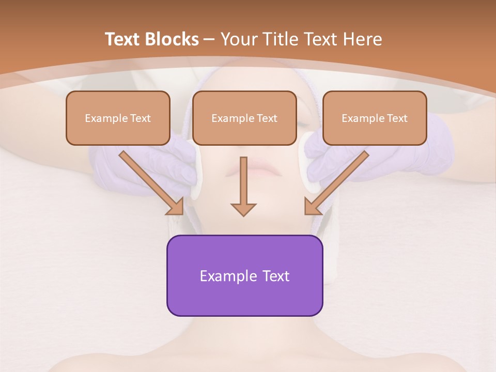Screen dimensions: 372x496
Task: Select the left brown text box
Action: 118,118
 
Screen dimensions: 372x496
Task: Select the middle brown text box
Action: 244,118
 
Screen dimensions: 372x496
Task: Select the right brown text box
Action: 375,118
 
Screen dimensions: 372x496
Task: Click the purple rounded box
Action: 244,275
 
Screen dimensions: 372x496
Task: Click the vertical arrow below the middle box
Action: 243,186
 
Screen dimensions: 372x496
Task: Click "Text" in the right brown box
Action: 397,118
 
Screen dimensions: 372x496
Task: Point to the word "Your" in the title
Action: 238,39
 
